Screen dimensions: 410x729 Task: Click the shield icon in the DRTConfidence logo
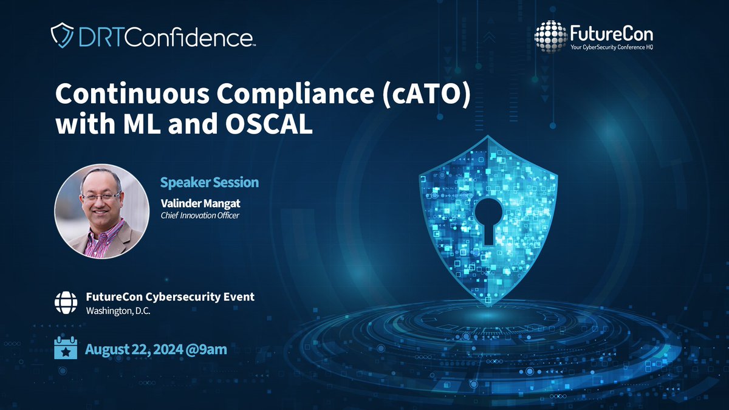[62, 36]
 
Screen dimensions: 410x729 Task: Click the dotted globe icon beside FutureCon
[550, 36]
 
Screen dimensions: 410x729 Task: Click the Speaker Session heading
[209, 182]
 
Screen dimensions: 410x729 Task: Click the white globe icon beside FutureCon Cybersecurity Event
[66, 302]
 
